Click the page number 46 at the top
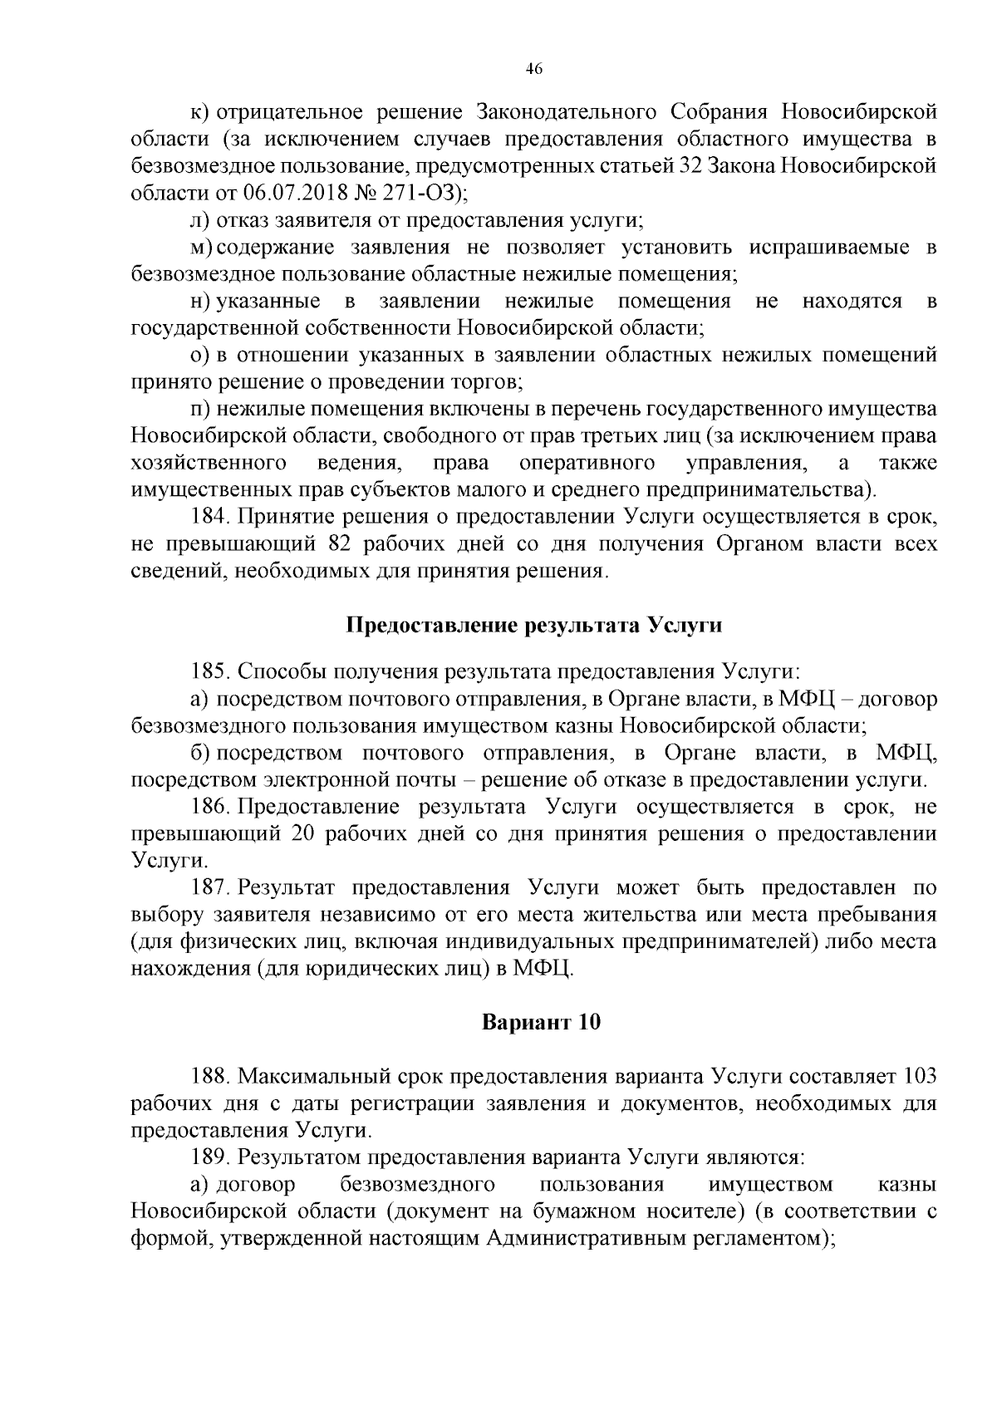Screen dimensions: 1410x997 tap(534, 70)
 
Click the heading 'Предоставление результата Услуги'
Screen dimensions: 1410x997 tap(533, 626)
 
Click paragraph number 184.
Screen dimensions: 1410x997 tap(209, 518)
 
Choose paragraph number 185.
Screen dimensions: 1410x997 tap(209, 671)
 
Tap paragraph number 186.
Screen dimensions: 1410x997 tap(209, 807)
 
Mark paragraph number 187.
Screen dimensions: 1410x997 tap(209, 887)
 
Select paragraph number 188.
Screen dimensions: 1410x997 tap(209, 1077)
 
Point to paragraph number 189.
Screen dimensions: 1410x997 tap(209, 1157)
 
